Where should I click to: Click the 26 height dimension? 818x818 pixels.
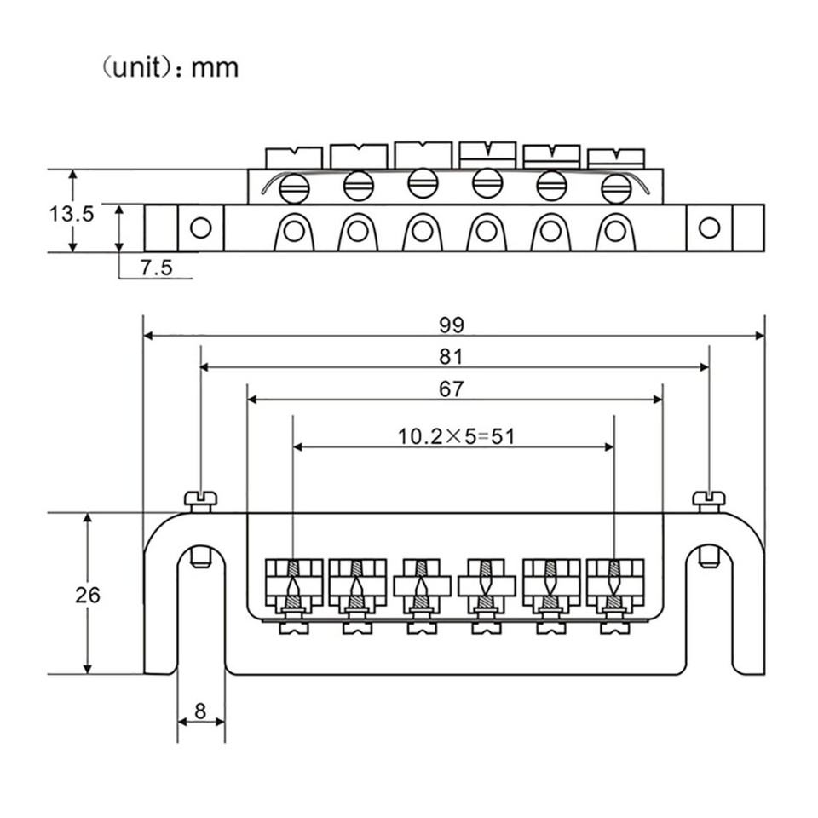coord(87,595)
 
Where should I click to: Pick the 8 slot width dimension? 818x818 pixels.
coord(200,710)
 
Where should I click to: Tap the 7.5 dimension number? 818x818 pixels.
coord(156,268)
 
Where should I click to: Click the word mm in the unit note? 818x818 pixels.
coord(216,67)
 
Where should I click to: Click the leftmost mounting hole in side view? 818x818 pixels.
coord(200,228)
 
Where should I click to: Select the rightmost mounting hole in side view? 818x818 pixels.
coord(709,228)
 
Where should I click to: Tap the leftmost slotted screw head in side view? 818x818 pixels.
coord(295,187)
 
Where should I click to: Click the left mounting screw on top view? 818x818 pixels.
coord(201,499)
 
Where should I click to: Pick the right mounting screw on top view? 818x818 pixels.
coord(708,499)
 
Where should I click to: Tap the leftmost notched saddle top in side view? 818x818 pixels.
coord(294,158)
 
